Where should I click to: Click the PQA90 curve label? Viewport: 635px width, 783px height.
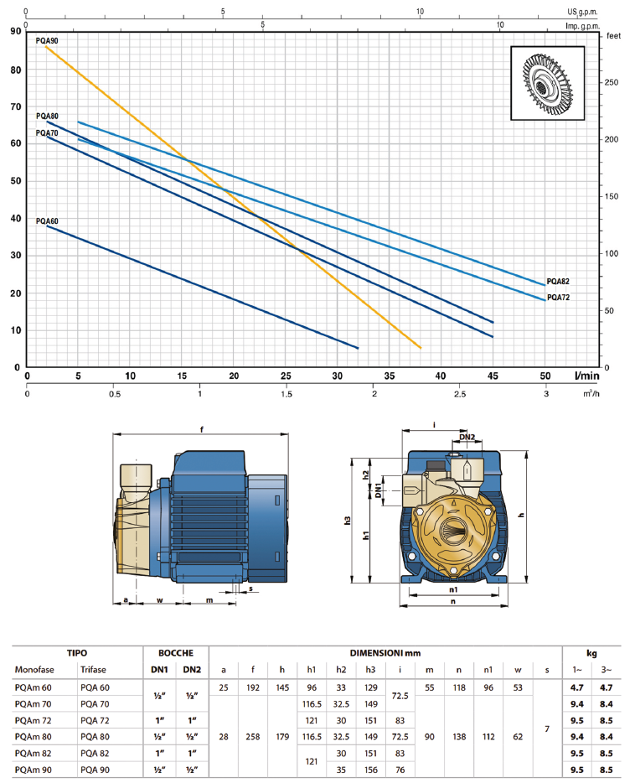tap(47, 40)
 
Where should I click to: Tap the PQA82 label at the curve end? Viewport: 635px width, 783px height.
tap(558, 282)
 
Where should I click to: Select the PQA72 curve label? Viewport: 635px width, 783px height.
tap(558, 298)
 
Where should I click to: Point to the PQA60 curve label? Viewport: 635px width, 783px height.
tap(47, 221)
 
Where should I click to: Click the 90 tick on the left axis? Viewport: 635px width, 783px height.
tap(16, 32)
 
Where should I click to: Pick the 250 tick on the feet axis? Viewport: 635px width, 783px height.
tap(612, 82)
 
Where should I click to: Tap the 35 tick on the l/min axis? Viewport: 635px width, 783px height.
tap(389, 376)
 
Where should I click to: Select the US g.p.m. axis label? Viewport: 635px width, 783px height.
tap(584, 12)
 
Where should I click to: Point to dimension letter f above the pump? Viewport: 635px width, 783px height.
tap(202, 431)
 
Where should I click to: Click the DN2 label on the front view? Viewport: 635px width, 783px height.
tap(467, 437)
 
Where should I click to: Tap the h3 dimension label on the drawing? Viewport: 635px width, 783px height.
tap(348, 521)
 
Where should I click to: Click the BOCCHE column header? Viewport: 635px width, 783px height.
tap(176, 651)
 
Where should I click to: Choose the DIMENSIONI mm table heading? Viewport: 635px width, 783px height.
tap(385, 651)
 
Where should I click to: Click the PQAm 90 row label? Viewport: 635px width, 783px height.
tap(34, 769)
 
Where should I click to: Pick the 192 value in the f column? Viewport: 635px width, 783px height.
tap(252, 687)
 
